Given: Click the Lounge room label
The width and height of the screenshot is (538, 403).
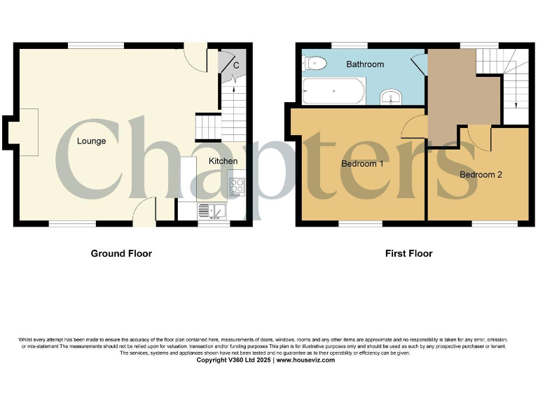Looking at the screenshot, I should click(x=91, y=141).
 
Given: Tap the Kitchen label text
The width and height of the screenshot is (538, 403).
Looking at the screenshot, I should click(x=223, y=162).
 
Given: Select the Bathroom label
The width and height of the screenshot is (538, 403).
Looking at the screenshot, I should click(x=365, y=64).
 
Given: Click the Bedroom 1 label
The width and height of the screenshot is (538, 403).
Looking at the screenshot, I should click(x=362, y=164).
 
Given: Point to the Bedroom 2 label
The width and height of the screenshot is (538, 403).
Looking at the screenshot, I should click(x=481, y=175).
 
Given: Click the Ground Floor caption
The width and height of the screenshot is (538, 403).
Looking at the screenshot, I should click(x=121, y=253).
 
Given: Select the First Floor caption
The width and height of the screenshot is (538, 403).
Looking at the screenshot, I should click(x=408, y=253).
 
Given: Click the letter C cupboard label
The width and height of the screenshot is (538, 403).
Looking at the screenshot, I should click(x=236, y=66).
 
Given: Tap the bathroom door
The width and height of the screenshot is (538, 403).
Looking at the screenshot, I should click(x=418, y=64).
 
